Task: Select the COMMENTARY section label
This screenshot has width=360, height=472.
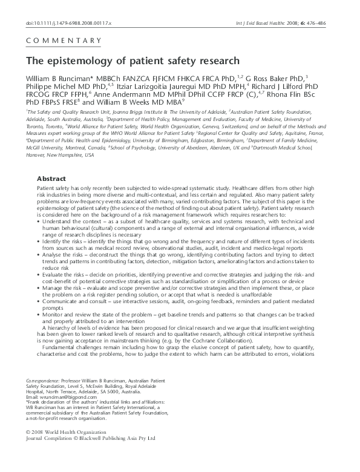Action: tap(64, 41)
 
